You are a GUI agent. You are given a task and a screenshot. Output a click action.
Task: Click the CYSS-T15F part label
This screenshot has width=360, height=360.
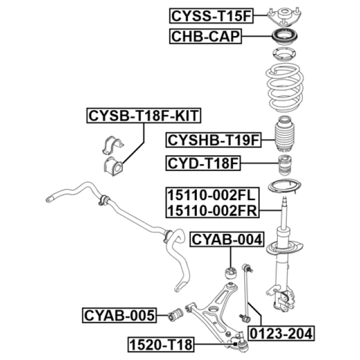(211, 16)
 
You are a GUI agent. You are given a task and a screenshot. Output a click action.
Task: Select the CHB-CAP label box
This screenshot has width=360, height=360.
(205, 36)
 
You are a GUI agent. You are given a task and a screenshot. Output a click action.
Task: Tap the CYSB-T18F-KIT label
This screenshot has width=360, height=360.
(144, 116)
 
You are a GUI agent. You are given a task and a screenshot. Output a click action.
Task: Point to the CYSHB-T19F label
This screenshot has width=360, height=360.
(214, 140)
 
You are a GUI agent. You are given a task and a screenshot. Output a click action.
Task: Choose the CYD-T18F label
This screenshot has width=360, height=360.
(203, 164)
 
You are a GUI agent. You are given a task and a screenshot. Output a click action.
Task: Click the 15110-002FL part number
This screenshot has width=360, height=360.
(211, 195)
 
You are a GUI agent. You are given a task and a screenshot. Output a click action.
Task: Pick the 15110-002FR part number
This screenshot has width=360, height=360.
(212, 210)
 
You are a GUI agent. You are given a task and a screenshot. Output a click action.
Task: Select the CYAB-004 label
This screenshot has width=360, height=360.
(227, 240)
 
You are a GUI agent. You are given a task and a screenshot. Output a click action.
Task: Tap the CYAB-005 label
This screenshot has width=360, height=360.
(119, 316)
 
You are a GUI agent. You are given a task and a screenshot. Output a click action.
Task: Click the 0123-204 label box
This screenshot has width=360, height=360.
(281, 334)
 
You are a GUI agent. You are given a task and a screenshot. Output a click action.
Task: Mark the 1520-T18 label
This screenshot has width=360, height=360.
(161, 344)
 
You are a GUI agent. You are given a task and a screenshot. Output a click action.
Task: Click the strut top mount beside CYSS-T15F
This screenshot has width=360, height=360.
(285, 15)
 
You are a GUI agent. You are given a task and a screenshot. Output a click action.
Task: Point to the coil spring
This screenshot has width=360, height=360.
(285, 88)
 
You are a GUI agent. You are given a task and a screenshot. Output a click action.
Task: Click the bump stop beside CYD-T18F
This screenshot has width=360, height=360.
(285, 165)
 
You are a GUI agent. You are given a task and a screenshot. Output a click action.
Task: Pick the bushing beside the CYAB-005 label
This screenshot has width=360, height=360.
(175, 315)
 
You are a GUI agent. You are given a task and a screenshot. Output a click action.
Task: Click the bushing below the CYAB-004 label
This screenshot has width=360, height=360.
(231, 272)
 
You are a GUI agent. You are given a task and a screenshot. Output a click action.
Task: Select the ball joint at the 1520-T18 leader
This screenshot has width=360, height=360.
(241, 343)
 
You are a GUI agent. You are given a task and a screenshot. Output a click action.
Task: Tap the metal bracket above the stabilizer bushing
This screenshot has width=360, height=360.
(112, 145)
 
